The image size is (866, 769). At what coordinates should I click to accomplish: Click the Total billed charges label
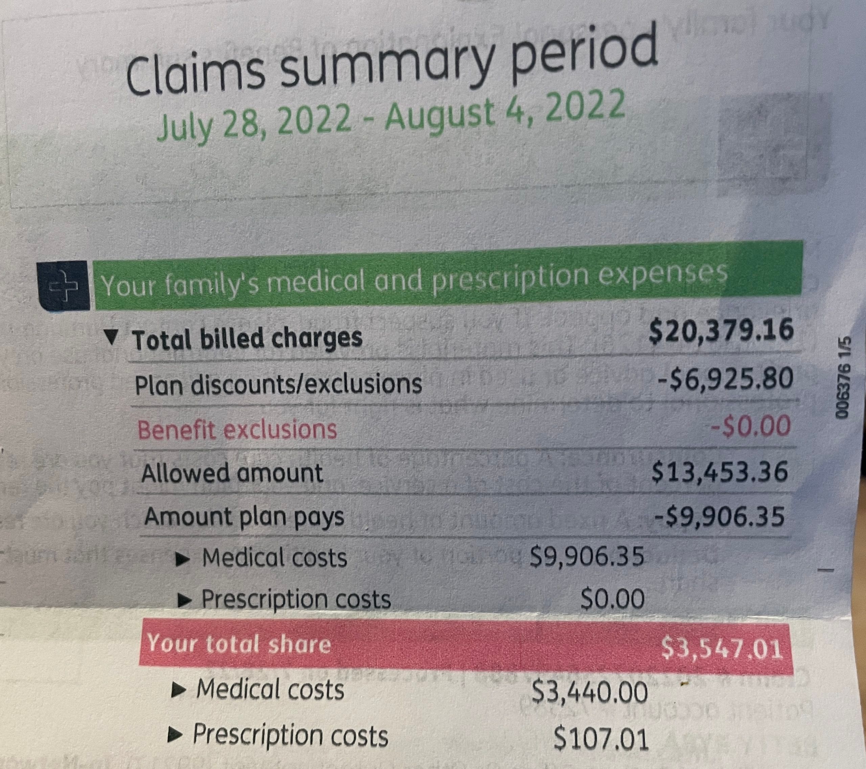coord(247,339)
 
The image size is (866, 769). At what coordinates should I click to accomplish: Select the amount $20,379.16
coord(721,331)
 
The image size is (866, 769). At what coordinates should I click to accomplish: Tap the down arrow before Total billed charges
coord(111,337)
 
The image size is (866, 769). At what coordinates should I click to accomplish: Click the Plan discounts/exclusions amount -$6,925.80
coord(725,378)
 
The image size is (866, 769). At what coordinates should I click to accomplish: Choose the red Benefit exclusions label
coord(237,429)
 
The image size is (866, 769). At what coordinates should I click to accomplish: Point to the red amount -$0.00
coord(752,425)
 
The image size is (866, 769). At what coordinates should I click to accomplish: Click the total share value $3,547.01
coord(721,648)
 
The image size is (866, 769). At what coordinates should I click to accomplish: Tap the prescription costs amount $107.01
coord(601,738)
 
